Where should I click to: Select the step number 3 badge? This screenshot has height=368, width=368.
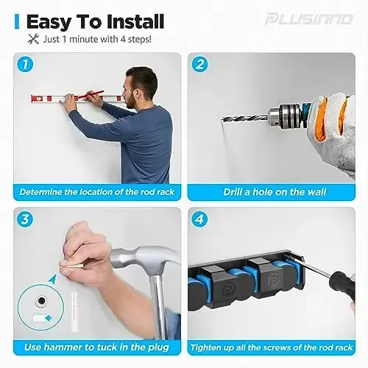pyautogui.click(x=26, y=220)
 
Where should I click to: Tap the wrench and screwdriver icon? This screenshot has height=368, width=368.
pyautogui.click(x=31, y=38)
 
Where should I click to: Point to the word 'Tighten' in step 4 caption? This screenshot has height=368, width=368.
pyautogui.click(x=211, y=347)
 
